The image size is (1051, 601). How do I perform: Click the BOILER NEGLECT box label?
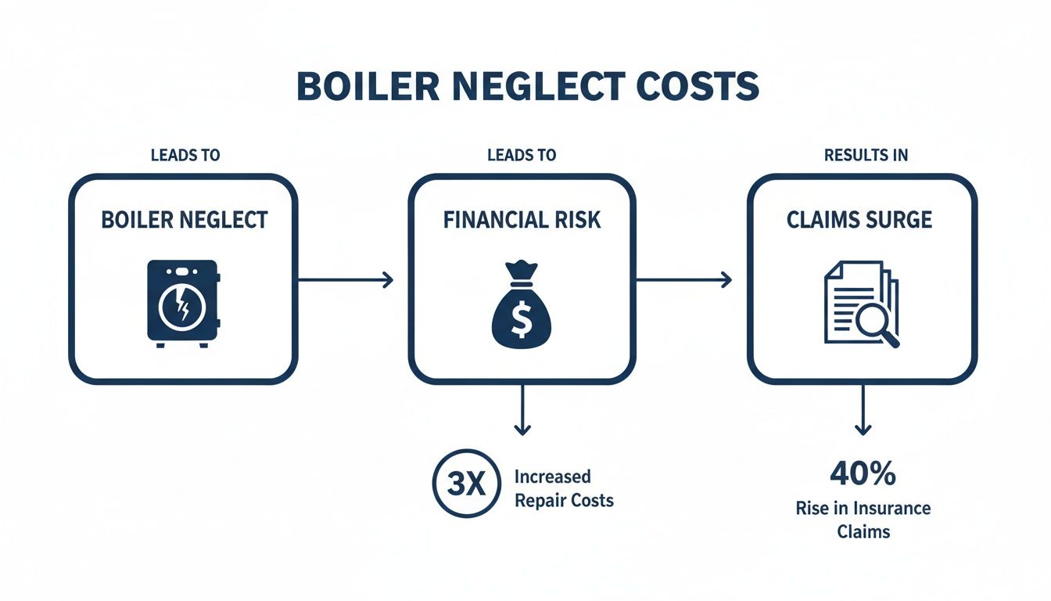click(185, 220)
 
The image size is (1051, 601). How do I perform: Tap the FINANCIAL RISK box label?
click(522, 220)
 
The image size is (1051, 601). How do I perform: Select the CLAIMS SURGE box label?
click(859, 220)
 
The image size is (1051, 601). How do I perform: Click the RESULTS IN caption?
click(866, 155)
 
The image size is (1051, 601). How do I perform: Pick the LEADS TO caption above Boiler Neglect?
click(185, 155)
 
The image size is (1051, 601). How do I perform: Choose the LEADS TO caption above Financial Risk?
click(522, 155)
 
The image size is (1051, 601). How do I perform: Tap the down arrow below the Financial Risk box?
click(522, 410)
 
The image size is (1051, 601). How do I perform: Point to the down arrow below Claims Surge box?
click(863, 410)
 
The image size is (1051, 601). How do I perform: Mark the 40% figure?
click(863, 475)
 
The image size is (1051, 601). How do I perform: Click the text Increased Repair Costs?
click(564, 488)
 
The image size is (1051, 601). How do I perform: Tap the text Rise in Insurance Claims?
click(863, 520)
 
